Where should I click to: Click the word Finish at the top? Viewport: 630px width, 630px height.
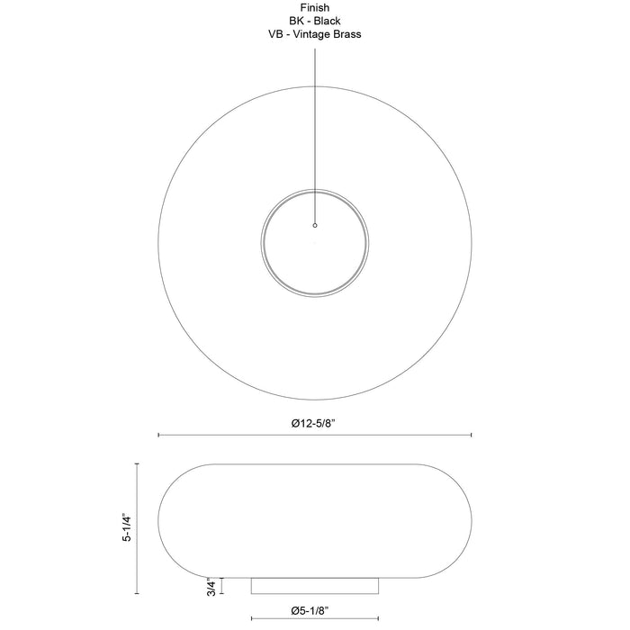[315, 7]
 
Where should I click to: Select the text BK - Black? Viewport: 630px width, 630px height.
[315, 21]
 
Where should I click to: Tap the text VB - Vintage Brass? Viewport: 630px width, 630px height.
[315, 34]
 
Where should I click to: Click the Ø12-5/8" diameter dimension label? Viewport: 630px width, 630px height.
[313, 424]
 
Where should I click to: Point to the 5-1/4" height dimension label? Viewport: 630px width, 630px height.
[127, 527]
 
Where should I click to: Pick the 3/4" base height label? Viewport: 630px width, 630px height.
[211, 587]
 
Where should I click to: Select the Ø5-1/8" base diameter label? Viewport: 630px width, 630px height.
[310, 611]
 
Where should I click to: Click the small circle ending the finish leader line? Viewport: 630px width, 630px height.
[315, 225]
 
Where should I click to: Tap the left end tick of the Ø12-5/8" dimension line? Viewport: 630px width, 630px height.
[158, 435]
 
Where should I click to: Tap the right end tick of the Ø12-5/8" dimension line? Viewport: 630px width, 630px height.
[471, 435]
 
